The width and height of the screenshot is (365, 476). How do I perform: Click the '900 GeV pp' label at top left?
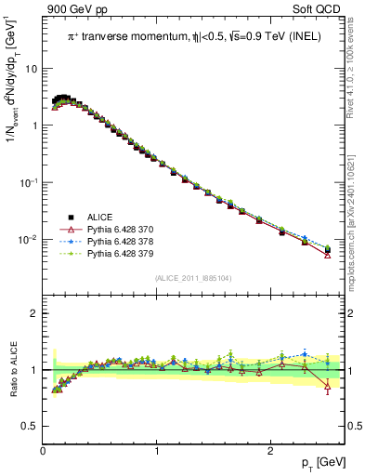pyautogui.click(x=75, y=9)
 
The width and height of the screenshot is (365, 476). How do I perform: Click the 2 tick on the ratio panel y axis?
pyautogui.click(x=35, y=313)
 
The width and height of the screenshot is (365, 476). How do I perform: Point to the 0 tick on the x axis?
pyautogui.click(x=44, y=452)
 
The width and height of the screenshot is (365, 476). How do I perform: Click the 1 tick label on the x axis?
pyautogui.click(x=156, y=452)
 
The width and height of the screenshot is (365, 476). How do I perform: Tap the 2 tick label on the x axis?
pyautogui.click(x=269, y=452)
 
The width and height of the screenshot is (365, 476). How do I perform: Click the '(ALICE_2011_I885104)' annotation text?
pyautogui.click(x=194, y=277)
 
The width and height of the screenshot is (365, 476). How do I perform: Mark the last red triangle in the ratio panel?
pyautogui.click(x=327, y=387)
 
